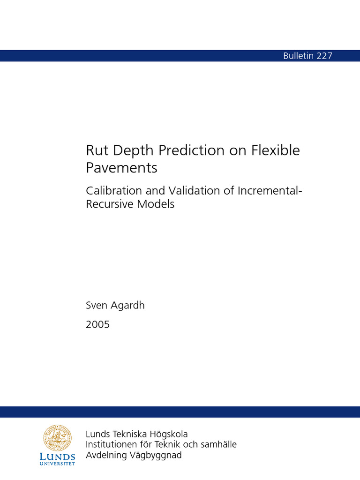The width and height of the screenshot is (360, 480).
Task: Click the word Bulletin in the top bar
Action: tap(299, 56)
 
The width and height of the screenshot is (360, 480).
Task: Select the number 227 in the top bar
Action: tap(324, 56)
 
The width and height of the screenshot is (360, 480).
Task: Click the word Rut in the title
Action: tap(96, 150)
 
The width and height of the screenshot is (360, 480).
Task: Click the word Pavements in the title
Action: tap(121, 168)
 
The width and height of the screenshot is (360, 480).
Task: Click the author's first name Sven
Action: tap(96, 306)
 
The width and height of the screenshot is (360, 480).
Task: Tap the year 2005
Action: tap(97, 324)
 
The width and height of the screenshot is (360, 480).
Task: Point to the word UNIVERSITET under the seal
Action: tap(58, 464)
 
